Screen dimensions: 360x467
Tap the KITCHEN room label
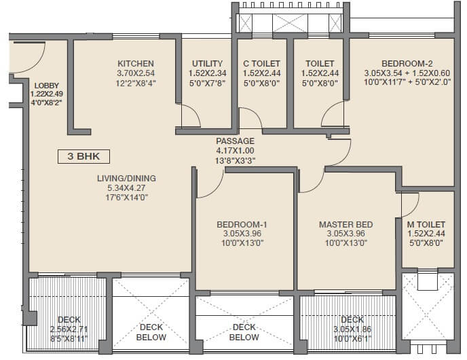tap(135, 64)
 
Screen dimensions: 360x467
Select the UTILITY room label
tap(207, 64)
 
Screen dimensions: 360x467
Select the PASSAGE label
tap(235, 141)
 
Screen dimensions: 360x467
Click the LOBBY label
tap(46, 85)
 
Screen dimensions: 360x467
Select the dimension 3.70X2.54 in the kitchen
tap(135, 73)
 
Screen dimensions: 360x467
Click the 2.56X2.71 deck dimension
tap(69, 328)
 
